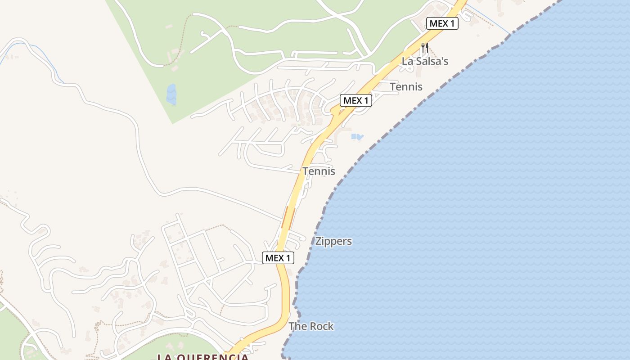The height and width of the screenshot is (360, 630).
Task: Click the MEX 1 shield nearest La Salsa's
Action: pyautogui.click(x=442, y=23)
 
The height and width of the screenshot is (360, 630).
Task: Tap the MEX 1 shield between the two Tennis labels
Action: pyautogui.click(x=355, y=100)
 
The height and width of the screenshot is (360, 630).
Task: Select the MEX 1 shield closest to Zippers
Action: pyautogui.click(x=278, y=258)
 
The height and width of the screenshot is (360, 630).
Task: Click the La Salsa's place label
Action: pyautogui.click(x=425, y=61)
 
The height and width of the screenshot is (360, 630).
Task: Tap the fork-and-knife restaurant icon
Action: pyautogui.click(x=424, y=47)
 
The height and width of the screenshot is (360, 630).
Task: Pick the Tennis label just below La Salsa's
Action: pyautogui.click(x=406, y=86)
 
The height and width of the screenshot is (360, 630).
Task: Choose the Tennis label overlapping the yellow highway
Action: pyautogui.click(x=319, y=171)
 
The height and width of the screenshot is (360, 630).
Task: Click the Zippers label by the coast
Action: pyautogui.click(x=333, y=241)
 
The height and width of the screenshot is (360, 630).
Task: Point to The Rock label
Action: pyautogui.click(x=311, y=326)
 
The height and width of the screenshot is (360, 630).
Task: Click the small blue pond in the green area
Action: pyautogui.click(x=171, y=94)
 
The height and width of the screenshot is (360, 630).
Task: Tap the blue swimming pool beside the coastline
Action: pyautogui.click(x=357, y=137)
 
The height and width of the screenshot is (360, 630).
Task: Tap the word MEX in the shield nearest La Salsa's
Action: pyautogui.click(x=437, y=23)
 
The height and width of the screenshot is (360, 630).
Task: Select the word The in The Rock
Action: pyautogui.click(x=297, y=326)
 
